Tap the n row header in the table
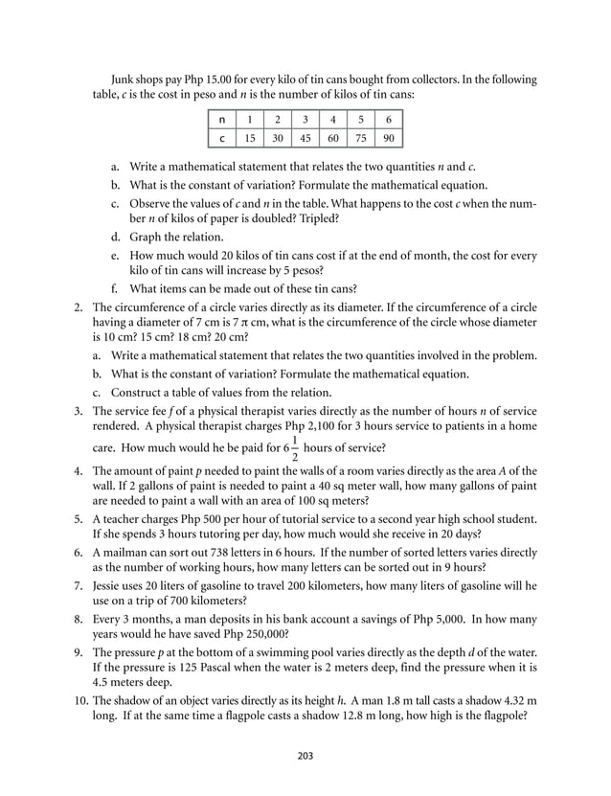tap(221, 120)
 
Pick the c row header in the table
tap(221, 138)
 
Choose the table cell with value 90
tap(388, 138)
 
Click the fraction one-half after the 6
tap(295, 447)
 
